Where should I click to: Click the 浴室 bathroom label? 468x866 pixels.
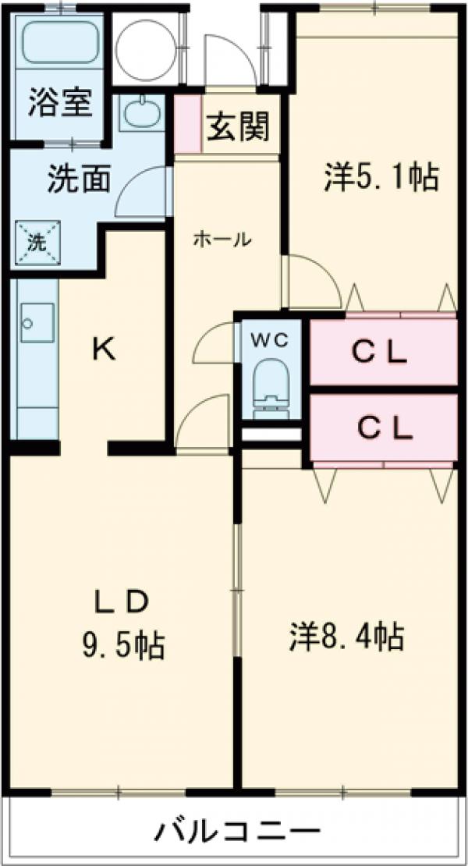click(61, 104)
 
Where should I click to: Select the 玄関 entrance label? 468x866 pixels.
click(238, 126)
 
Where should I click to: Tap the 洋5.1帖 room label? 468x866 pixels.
click(381, 178)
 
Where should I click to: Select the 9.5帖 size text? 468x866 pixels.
click(123, 644)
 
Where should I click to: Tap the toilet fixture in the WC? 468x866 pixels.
click(270, 386)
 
